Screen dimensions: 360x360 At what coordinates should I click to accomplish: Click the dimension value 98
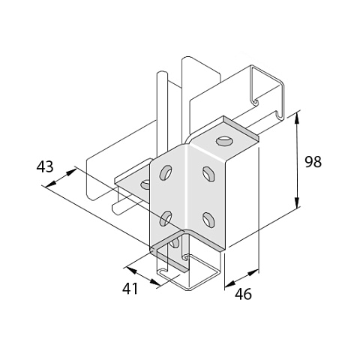[x=313, y=162]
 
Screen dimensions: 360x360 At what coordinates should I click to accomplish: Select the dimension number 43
[x=45, y=166]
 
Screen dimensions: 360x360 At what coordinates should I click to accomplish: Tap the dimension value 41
[x=130, y=289]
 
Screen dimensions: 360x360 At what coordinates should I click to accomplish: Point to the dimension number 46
[x=243, y=294]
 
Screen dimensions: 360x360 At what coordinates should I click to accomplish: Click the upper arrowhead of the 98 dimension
[x=297, y=118]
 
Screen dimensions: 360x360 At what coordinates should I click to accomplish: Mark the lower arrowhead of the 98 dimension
[x=297, y=202]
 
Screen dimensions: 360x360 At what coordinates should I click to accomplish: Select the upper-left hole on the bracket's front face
[x=166, y=172]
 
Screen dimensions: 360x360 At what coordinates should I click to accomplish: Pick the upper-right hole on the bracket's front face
[x=208, y=173]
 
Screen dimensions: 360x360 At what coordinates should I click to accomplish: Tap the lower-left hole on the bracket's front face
[x=166, y=218]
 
